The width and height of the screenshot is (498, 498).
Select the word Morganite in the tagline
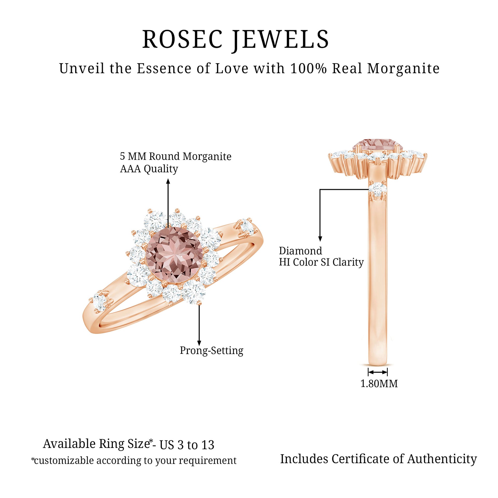403,69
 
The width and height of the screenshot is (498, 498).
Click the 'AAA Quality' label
149,169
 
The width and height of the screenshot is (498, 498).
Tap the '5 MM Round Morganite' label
176,156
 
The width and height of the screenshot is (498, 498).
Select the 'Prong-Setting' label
211,351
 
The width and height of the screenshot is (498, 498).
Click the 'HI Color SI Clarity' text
321,262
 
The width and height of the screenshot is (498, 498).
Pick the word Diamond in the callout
300,251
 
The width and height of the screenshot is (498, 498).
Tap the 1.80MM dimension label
379,384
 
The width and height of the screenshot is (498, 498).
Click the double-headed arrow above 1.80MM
378,372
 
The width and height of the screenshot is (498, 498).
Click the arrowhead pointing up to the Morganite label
168,181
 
